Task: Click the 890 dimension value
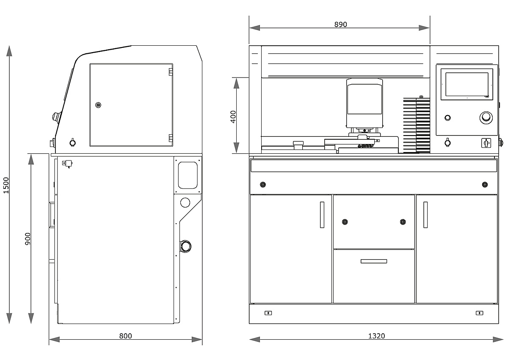340,25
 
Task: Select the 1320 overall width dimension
376,336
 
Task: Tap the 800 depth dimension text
125,336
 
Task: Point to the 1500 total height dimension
6,185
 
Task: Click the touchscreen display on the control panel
467,84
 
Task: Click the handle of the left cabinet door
322,214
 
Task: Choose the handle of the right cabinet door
425,214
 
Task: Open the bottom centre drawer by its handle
374,261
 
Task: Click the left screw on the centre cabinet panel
345,222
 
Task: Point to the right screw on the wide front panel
485,184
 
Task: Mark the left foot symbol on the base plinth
268,313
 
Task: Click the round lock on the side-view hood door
98,105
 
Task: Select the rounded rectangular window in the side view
188,174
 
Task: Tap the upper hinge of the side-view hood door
171,71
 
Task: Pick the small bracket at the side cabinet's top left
67,163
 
